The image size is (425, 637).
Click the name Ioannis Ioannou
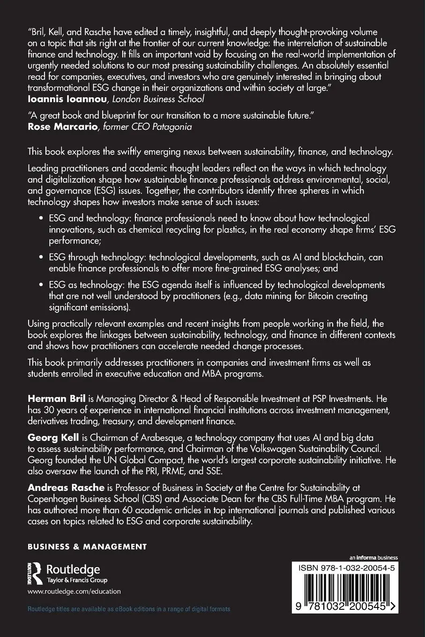pos(61,99)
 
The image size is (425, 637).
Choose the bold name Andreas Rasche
pos(66,488)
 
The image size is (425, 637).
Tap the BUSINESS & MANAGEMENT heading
pos(87,547)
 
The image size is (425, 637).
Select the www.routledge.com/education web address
pos(74,592)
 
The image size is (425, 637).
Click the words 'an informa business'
pos(373,557)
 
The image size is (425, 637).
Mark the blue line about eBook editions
pos(129,609)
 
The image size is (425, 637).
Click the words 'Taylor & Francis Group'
pos(77,580)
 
